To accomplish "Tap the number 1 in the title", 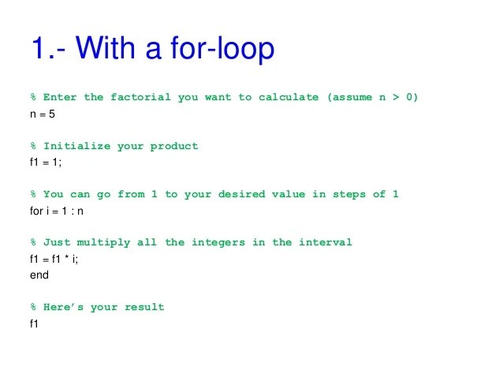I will tap(38, 49).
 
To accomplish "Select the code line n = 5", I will tap(42, 114).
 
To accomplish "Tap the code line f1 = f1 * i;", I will tap(54, 259).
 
